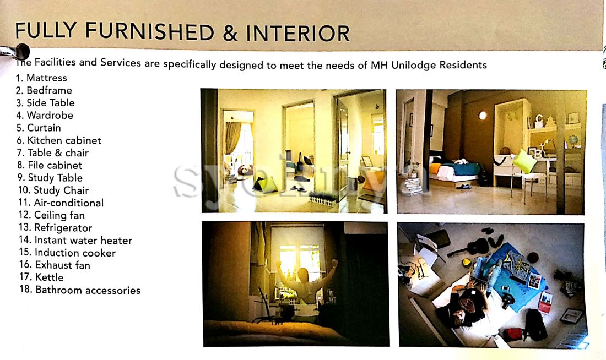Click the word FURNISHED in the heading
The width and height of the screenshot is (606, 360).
tap(149, 32)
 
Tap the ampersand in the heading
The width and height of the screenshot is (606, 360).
tap(230, 33)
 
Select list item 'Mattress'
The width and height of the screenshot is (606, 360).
tap(47, 78)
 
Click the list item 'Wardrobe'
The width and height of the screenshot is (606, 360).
tap(50, 116)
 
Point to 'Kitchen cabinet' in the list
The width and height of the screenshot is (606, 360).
tap(64, 140)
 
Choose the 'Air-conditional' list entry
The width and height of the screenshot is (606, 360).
tap(69, 203)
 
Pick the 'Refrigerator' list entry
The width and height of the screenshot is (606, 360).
tap(63, 228)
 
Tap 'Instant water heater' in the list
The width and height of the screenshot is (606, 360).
tap(84, 240)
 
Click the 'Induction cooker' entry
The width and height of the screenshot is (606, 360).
tap(75, 253)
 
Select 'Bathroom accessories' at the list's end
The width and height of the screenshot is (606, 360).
tap(88, 290)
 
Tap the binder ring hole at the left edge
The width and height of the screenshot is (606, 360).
tap(22, 51)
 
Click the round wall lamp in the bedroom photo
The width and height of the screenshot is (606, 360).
tap(483, 115)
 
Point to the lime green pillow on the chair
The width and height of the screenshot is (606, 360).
tap(524, 160)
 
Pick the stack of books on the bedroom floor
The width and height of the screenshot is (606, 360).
tap(411, 186)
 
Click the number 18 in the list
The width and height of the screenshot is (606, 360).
tap(25, 290)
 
